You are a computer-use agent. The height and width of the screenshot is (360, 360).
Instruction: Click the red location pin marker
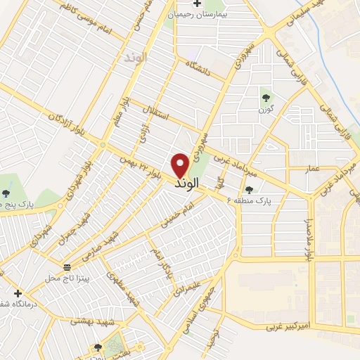click(x=181, y=165)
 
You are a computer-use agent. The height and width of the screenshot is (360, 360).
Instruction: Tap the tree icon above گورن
click(x=266, y=98)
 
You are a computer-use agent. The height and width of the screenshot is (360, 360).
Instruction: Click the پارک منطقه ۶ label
click(x=268, y=200)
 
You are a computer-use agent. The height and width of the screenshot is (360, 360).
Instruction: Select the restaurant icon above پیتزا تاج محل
click(x=67, y=267)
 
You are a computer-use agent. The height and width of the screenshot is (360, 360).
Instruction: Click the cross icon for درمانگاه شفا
click(x=18, y=293)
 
